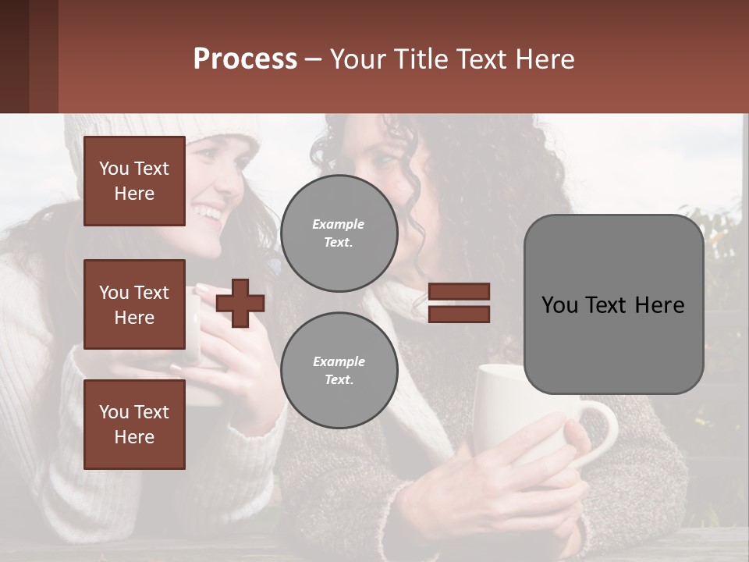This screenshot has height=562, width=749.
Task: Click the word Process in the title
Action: tap(245, 59)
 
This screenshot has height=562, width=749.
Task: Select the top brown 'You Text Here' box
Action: tap(134, 181)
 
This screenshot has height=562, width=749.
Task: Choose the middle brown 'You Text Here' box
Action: tap(134, 304)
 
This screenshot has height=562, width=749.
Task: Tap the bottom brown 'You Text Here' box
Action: tap(134, 424)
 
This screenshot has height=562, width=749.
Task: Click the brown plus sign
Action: tap(240, 303)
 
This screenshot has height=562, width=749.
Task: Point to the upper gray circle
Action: tap(339, 233)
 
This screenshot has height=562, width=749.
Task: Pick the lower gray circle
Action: tap(339, 370)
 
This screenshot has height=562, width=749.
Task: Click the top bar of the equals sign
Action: tap(459, 291)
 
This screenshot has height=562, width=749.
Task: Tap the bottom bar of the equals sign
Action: tap(459, 314)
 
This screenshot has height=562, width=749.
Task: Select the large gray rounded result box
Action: tap(613, 304)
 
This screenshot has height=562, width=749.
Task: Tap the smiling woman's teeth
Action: tap(208, 211)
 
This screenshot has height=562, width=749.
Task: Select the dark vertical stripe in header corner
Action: tap(43, 56)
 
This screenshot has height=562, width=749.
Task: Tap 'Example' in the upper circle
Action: tap(339, 224)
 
